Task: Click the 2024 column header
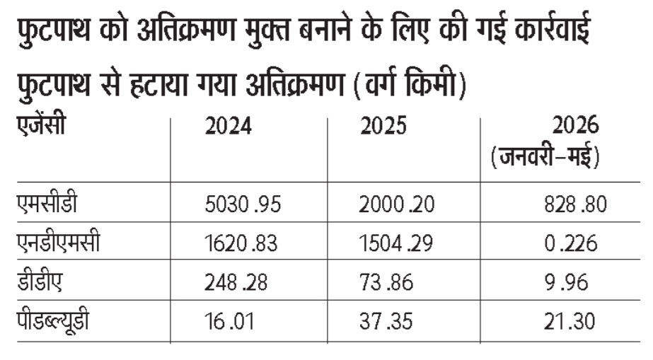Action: (229, 126)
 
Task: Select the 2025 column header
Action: (383, 126)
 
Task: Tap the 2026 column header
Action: (576, 125)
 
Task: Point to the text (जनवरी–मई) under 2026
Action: (545, 157)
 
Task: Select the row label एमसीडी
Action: (47, 203)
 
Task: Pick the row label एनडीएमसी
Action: (58, 242)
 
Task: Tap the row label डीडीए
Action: (40, 281)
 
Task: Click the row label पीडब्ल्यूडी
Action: (53, 320)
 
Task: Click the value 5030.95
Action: (243, 204)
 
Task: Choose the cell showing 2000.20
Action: (396, 204)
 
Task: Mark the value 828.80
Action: (576, 204)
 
